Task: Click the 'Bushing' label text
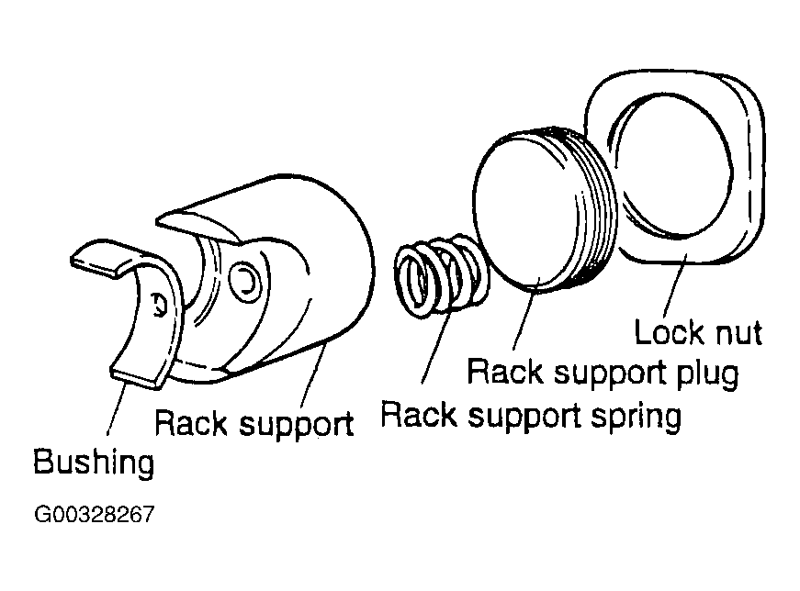coord(94,462)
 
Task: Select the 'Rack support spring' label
coord(531,416)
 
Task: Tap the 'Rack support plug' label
coord(603,373)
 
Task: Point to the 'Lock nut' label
coord(698,332)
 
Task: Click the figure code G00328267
coord(94,514)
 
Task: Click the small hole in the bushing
coord(159,305)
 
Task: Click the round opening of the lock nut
coord(670,164)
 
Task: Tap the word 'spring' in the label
coord(636,417)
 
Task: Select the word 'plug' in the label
coord(707,374)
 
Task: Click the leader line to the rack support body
coord(314,374)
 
